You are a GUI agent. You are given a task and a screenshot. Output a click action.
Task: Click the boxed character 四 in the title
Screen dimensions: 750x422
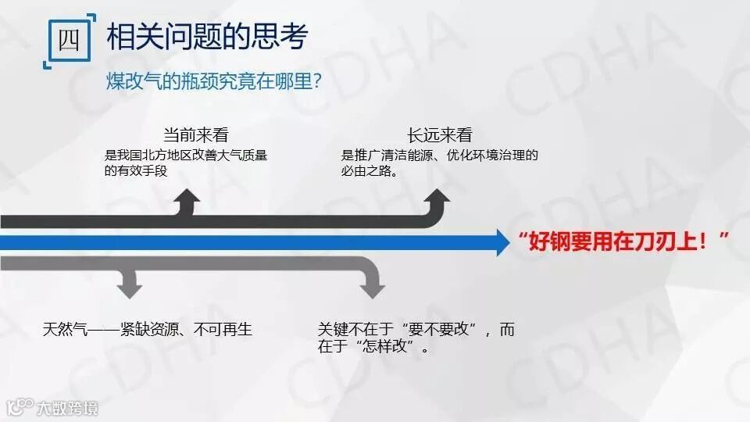[x=69, y=40]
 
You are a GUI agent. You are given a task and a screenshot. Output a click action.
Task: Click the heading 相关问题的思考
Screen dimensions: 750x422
[x=207, y=37]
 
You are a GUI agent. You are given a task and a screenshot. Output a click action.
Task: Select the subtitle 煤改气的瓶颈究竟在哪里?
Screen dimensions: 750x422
[x=214, y=80]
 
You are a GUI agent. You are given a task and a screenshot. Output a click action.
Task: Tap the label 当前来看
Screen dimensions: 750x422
[x=195, y=134]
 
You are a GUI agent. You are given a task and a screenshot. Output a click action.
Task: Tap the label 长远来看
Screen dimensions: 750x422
[x=439, y=134]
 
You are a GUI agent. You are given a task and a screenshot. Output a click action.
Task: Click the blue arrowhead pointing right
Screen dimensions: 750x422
[x=502, y=242]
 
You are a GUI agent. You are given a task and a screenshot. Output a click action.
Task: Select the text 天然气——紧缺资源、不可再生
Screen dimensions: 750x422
[x=148, y=330]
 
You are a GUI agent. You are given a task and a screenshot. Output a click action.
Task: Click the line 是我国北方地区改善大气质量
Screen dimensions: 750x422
[x=186, y=155]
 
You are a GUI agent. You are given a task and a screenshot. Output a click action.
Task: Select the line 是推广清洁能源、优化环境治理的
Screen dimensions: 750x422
[x=439, y=155]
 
